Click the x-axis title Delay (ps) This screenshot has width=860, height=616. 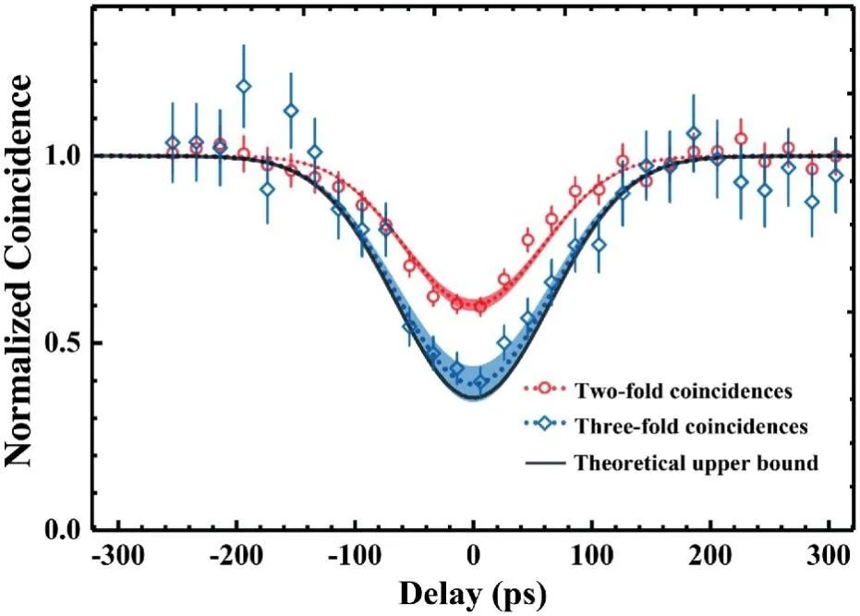click(x=474, y=593)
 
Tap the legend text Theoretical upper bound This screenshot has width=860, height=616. click(x=696, y=462)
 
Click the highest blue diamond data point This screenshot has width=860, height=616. click(x=244, y=86)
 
